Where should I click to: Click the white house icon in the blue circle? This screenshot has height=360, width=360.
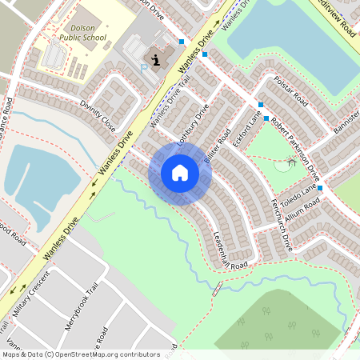click(x=179, y=173)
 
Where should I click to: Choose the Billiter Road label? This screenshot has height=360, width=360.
click(x=218, y=145)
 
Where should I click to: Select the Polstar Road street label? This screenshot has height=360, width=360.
click(x=290, y=93)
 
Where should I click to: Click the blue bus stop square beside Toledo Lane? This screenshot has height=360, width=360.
click(x=319, y=188)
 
